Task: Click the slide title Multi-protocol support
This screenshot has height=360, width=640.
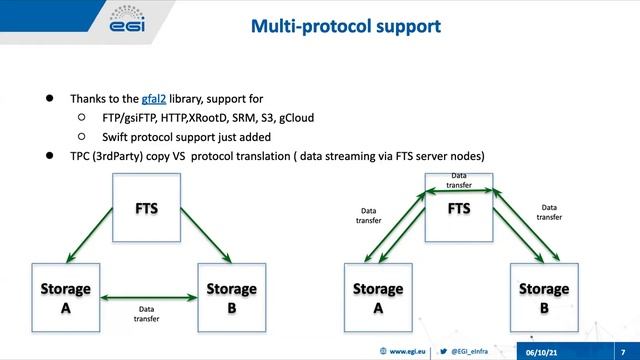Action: pos(345,27)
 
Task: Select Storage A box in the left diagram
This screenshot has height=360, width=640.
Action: pos(65,298)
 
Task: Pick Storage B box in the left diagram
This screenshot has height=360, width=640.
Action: pos(232,298)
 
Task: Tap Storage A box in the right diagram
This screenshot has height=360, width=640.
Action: pos(378,298)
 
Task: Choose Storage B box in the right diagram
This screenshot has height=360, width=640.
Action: pos(545,298)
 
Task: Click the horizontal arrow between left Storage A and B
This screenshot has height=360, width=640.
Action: pos(148,295)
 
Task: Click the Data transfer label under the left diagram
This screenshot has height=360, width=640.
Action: pos(149,315)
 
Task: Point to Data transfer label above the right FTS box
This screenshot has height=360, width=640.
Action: pos(459,180)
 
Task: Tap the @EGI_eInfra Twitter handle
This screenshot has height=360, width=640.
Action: pos(475,351)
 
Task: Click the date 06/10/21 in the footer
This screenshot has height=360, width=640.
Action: pos(545,351)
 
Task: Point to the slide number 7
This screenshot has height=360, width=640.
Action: pos(622,351)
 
